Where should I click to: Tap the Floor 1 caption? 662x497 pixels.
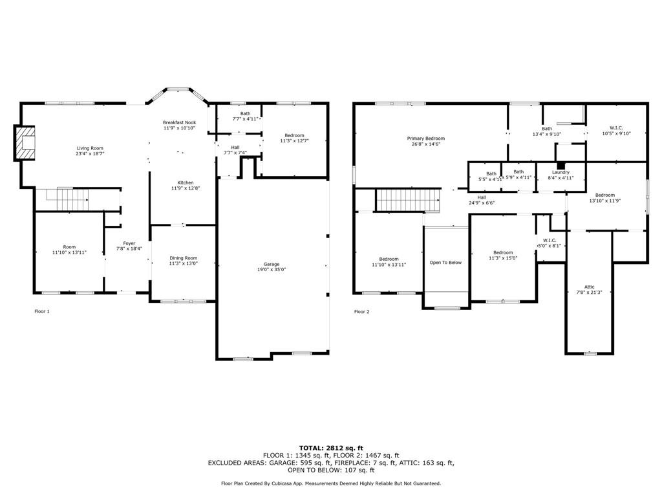pos(42,311)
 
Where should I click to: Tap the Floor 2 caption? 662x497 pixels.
pos(361,312)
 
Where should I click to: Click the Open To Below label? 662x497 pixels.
pos(445,263)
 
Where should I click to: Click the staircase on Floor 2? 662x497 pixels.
pos(409,200)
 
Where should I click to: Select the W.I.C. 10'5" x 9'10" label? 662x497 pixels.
pos(616,131)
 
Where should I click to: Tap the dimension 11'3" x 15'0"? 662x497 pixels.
pos(503,258)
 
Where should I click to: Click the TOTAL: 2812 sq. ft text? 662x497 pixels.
pos(331,448)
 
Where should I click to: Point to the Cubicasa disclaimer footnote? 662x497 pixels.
pos(331,483)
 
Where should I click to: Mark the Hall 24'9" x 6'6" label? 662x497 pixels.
pos(482,200)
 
